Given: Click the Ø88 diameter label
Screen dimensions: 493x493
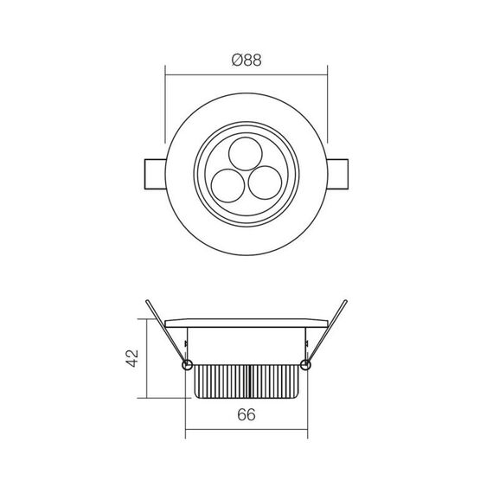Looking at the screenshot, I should pos(246,61).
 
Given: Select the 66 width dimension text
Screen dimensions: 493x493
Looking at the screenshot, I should pos(246,414).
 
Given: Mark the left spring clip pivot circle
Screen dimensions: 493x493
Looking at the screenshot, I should pos(187,365).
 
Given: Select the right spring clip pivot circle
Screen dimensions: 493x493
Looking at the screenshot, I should pos(305,365).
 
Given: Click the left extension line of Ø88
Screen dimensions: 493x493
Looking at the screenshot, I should pos(164,108).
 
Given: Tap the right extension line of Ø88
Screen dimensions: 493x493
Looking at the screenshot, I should pos(328,108).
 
